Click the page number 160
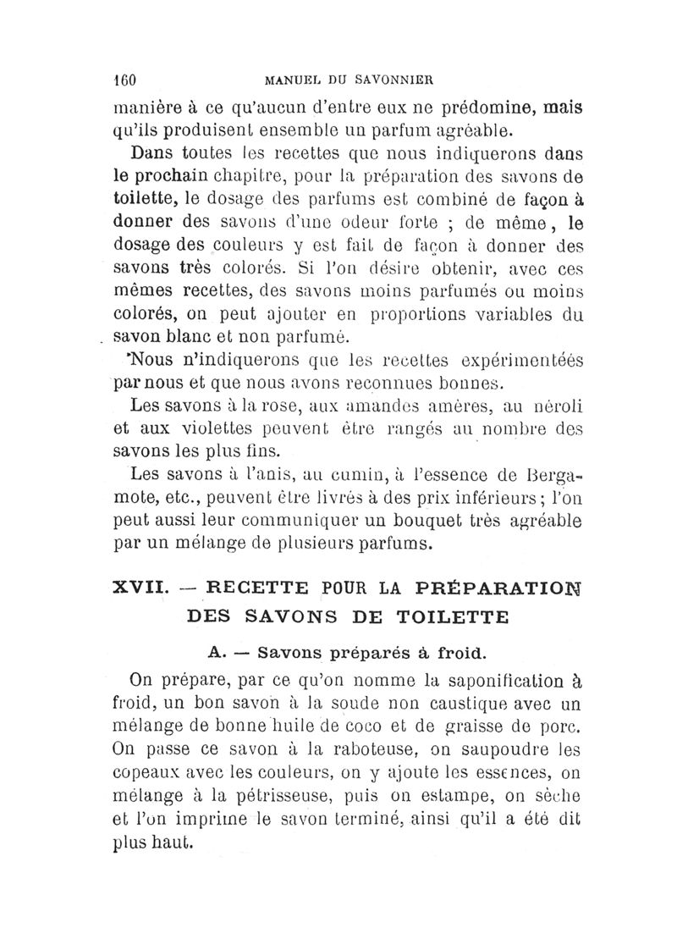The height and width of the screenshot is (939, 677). click(125, 82)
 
